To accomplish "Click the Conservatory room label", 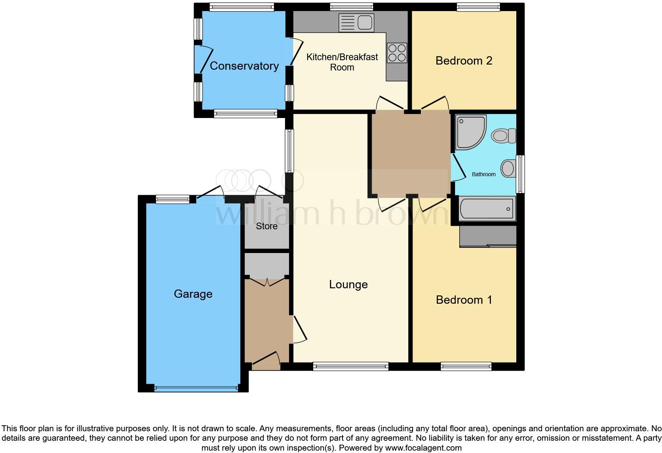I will [244, 66].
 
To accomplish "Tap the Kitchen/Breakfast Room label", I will [342, 62].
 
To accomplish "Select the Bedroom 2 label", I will [464, 61].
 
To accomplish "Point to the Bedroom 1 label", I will [464, 300].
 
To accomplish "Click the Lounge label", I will [348, 284].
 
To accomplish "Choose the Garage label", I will [193, 294].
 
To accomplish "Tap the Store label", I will [266, 226].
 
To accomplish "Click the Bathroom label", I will [483, 174].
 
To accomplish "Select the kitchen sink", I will [356, 22].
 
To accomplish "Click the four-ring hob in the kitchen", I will [397, 53].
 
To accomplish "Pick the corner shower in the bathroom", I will [470, 132].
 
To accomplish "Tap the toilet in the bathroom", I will [503, 136].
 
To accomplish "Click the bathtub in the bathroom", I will [487, 208].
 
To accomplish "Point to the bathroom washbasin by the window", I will [508, 168].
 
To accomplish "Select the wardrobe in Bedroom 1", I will [488, 236].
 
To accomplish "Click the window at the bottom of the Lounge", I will [350, 367].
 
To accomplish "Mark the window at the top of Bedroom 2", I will [478, 7].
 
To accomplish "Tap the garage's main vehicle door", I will [196, 388].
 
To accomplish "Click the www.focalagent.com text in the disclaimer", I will [423, 448].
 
